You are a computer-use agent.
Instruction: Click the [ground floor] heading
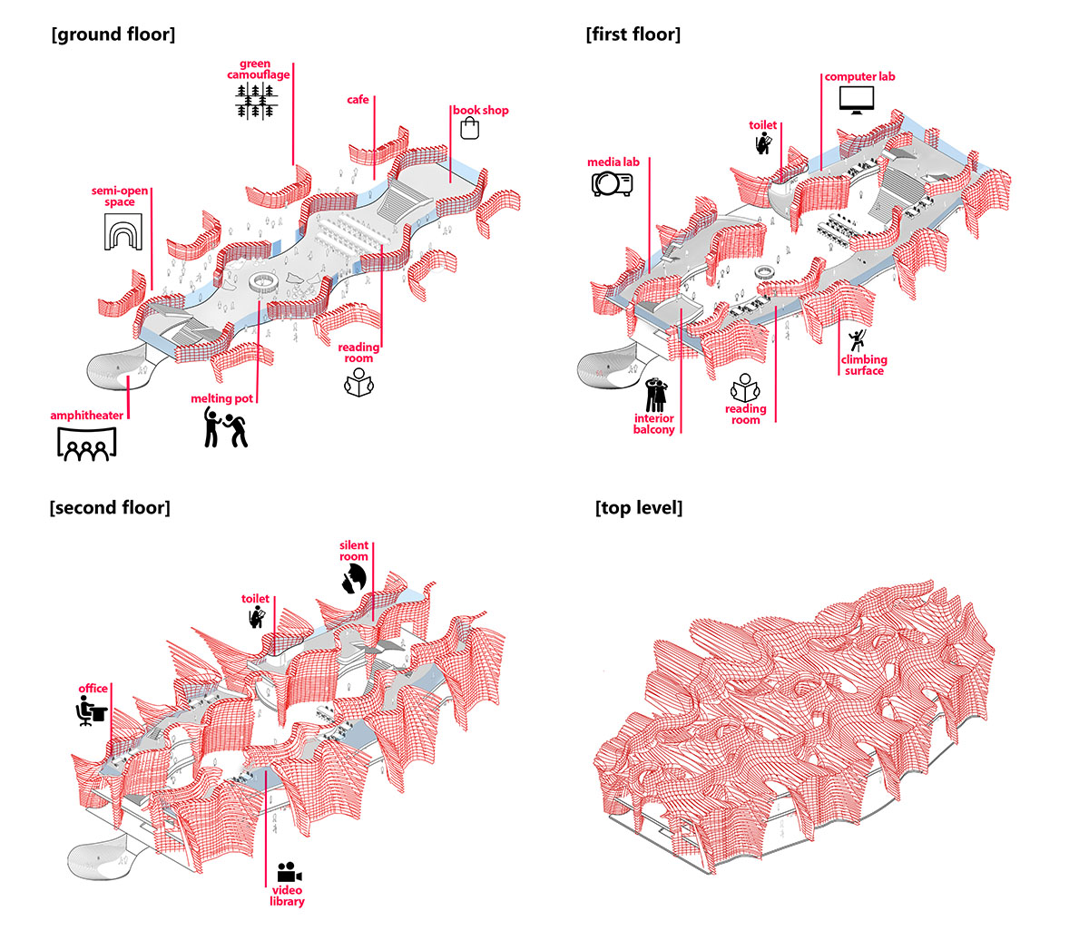coord(113,34)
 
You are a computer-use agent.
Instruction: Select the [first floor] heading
coord(633,34)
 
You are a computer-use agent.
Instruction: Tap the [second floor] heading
coord(110,507)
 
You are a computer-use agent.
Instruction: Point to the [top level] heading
coord(639,507)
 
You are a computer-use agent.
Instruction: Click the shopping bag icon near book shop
coord(469,129)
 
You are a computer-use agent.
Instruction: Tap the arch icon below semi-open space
coord(119,233)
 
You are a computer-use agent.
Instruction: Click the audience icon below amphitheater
coord(87,443)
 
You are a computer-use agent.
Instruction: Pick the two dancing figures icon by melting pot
coord(224,426)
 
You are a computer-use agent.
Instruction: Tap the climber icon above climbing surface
coord(856,341)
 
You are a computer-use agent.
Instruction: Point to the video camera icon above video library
coord(289,873)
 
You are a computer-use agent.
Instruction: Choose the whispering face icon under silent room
coord(354,579)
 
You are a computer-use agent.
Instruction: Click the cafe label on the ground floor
coord(358,99)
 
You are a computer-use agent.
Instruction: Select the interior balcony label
coord(654,424)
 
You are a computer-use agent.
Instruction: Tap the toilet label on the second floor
coord(255,599)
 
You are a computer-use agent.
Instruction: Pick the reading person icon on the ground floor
coord(358,382)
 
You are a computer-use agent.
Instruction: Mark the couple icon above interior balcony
coord(656,396)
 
